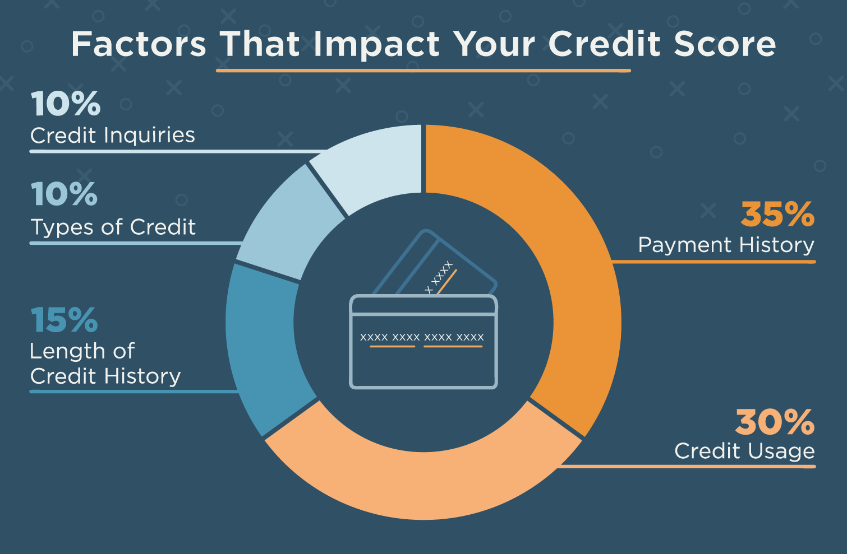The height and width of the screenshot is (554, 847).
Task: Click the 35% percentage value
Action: pyautogui.click(x=777, y=214)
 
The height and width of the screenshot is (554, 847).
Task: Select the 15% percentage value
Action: pyautogui.click(x=64, y=320)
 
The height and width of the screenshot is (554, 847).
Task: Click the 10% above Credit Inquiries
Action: pyautogui.click(x=66, y=103)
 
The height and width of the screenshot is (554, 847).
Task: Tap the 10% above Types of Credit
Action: pyautogui.click(x=64, y=194)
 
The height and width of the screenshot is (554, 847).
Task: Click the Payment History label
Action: pyautogui.click(x=726, y=245)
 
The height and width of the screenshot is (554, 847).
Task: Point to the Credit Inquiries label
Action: pyautogui.click(x=113, y=135)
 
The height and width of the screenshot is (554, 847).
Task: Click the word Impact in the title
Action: pyautogui.click(x=376, y=45)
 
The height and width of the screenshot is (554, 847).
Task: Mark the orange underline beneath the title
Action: pyautogui.click(x=423, y=71)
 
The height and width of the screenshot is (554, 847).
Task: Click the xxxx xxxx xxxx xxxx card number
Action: pyautogui.click(x=422, y=337)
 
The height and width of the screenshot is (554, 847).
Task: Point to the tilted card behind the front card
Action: pyautogui.click(x=435, y=262)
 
